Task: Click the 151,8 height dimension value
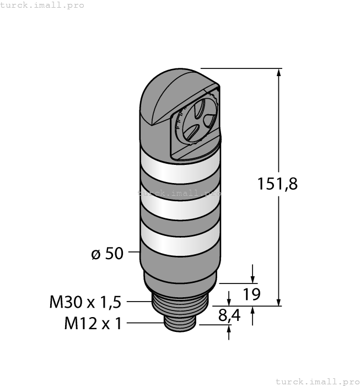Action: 277,184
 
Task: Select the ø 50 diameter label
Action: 107,254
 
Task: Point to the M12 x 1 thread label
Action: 93,324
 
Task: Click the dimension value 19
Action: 251,294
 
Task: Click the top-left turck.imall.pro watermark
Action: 42,5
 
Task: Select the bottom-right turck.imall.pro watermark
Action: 317,381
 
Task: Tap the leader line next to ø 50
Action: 134,254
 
